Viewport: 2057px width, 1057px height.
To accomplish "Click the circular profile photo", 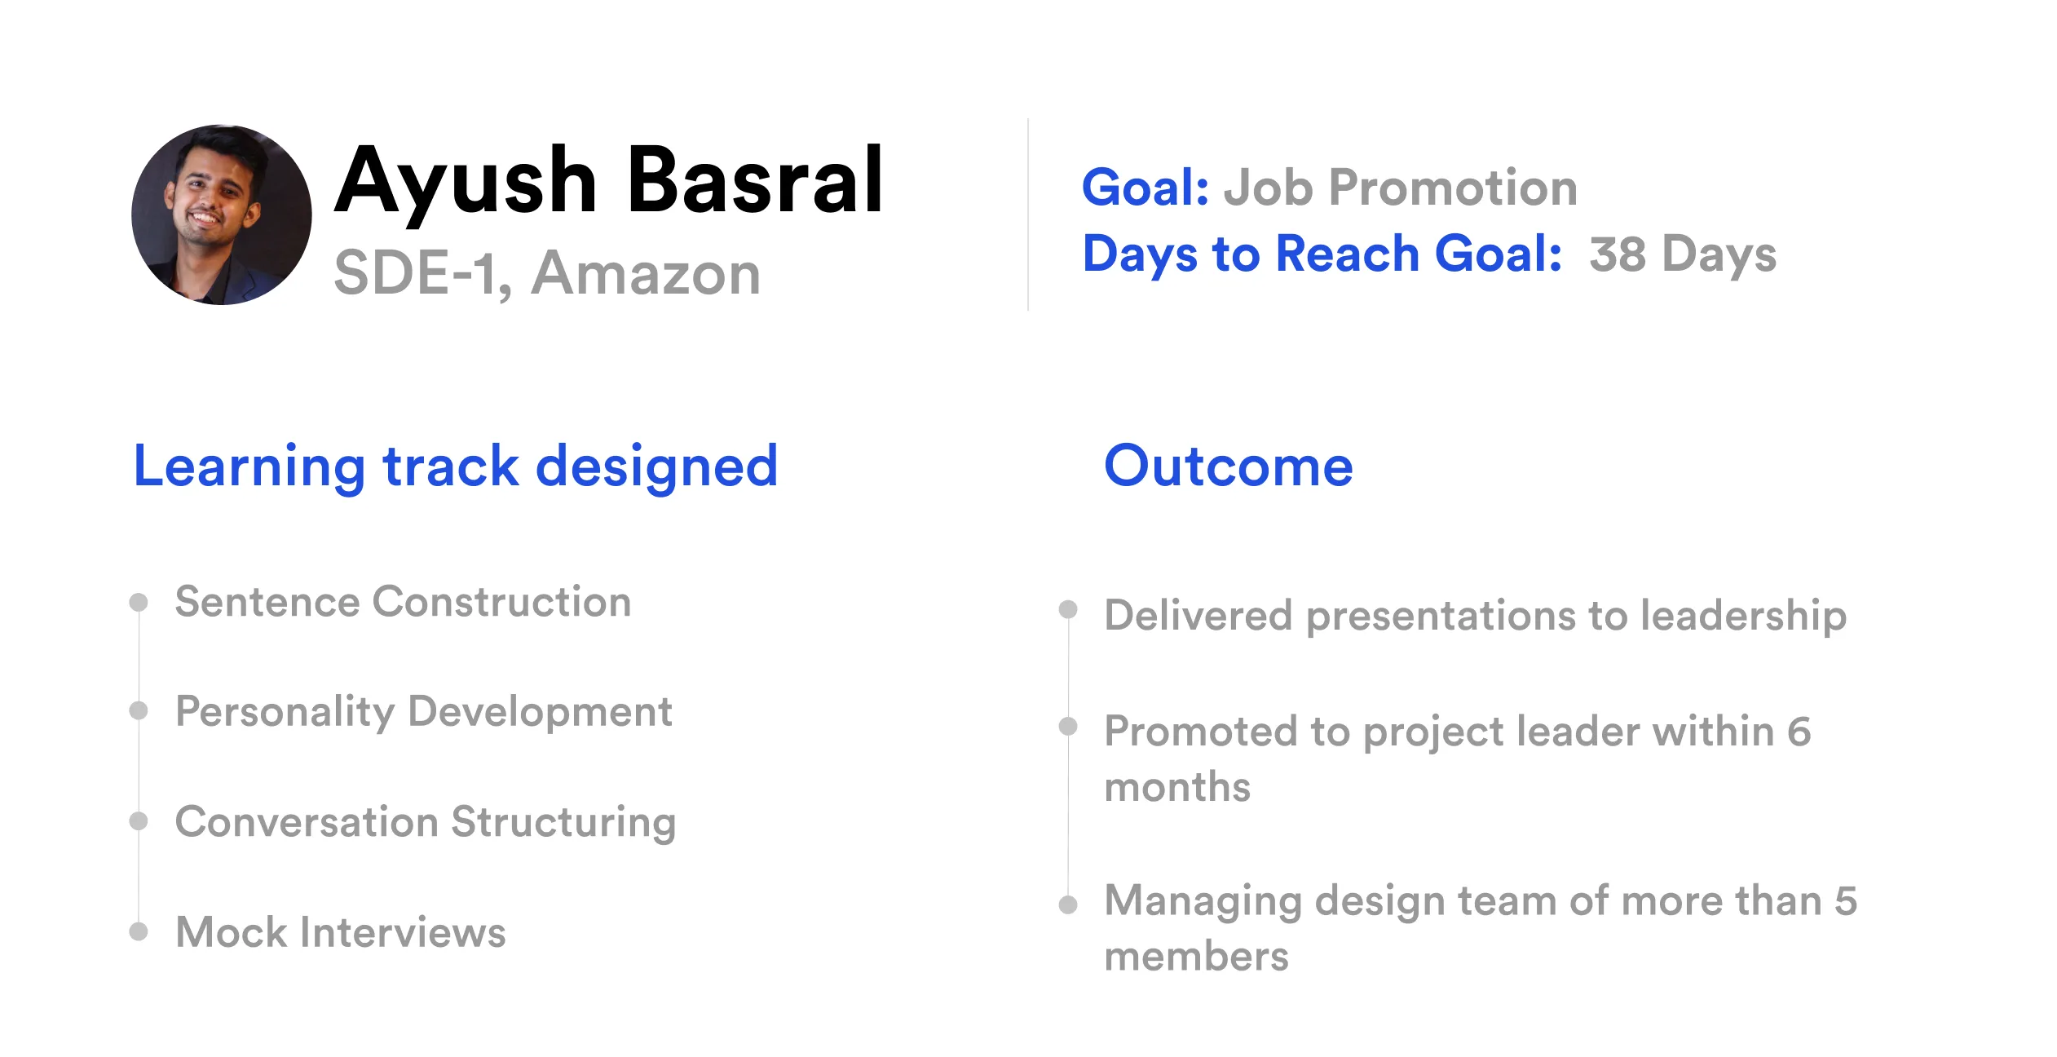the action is (x=222, y=214).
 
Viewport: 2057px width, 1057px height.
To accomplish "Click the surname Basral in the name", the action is (x=755, y=180).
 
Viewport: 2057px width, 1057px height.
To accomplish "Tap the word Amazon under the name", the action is (x=646, y=273).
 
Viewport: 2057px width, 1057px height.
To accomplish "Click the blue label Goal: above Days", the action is (x=1145, y=188).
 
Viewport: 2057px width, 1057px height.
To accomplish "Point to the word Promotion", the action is (x=1453, y=188).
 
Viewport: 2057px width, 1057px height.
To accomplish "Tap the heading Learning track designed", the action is (x=456, y=467).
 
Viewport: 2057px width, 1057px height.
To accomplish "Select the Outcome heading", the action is (x=1229, y=467).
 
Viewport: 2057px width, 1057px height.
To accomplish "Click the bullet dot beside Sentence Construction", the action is (x=139, y=602).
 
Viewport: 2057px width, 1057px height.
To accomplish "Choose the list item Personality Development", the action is (x=424, y=711).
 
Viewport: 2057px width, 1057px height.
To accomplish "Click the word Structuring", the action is (x=563, y=822).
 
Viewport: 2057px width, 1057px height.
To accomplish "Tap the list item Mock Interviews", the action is (x=341, y=931).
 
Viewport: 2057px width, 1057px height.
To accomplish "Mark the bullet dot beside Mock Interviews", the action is (x=139, y=931).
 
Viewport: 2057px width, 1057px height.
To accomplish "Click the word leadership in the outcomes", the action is (x=1744, y=616).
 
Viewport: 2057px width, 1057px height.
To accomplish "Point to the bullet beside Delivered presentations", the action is (x=1068, y=609).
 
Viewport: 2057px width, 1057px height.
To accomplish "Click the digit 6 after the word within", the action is (x=1799, y=731).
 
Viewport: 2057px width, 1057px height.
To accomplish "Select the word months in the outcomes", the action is (x=1177, y=787).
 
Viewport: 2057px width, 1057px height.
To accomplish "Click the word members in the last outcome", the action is (x=1197, y=956).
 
